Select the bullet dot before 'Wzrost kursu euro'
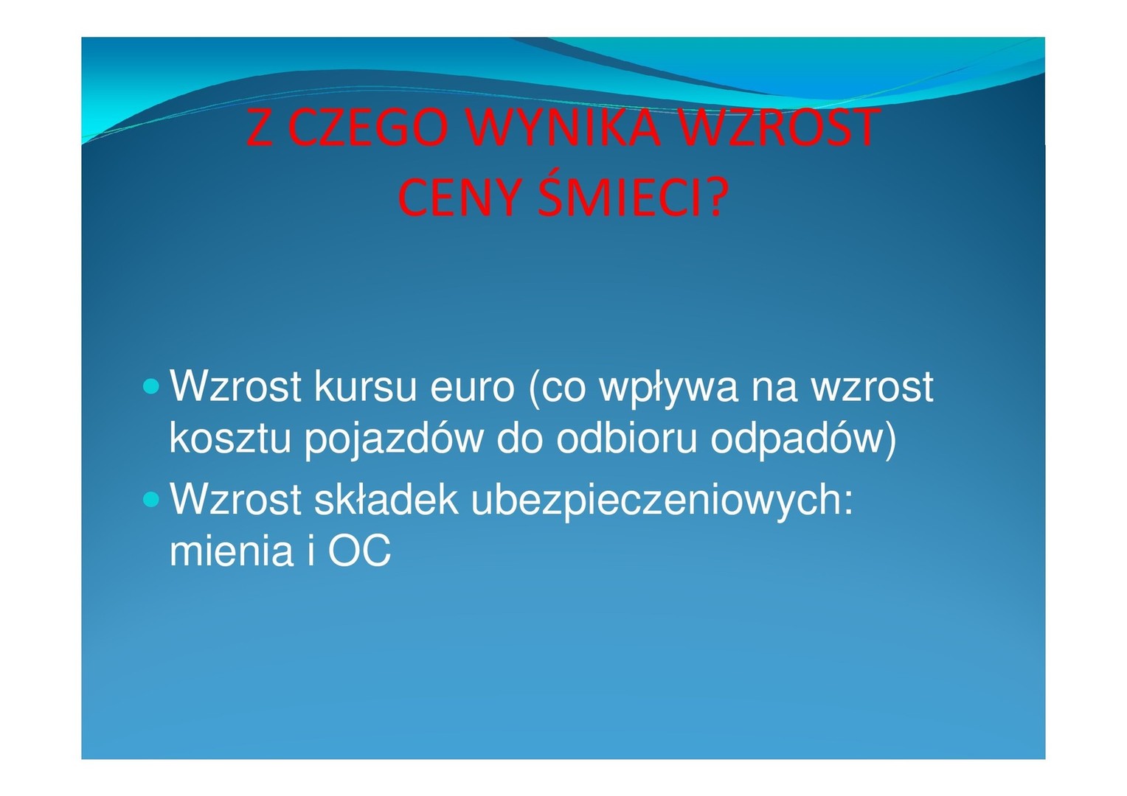pos(151,386)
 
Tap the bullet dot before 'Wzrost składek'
pos(151,499)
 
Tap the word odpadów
pos(797,441)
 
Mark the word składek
pos(386,499)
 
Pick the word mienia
pos(231,550)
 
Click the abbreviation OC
pos(359,550)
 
